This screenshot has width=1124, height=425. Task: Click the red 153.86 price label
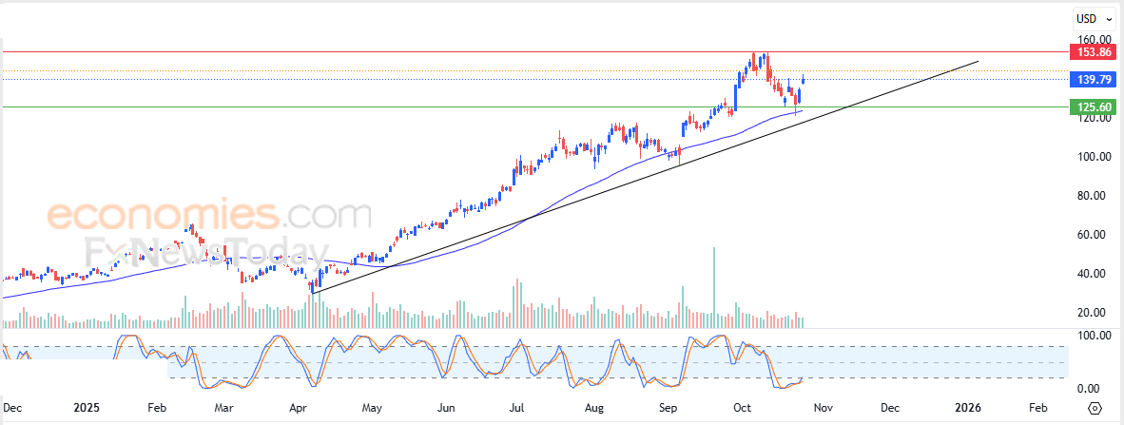(1087, 51)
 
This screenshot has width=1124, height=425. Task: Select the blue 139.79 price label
(1087, 80)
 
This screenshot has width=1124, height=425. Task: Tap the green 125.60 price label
(1087, 107)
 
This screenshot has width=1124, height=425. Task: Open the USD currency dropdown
(1089, 18)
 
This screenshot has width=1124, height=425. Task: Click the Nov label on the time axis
(824, 407)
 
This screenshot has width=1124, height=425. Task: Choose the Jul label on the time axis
(517, 407)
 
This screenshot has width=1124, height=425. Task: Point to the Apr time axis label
(298, 407)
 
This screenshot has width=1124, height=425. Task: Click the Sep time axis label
(669, 407)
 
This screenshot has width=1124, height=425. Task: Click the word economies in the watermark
(163, 216)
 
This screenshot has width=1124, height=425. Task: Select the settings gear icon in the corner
(1095, 407)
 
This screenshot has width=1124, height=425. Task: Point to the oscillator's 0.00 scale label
(1090, 389)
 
